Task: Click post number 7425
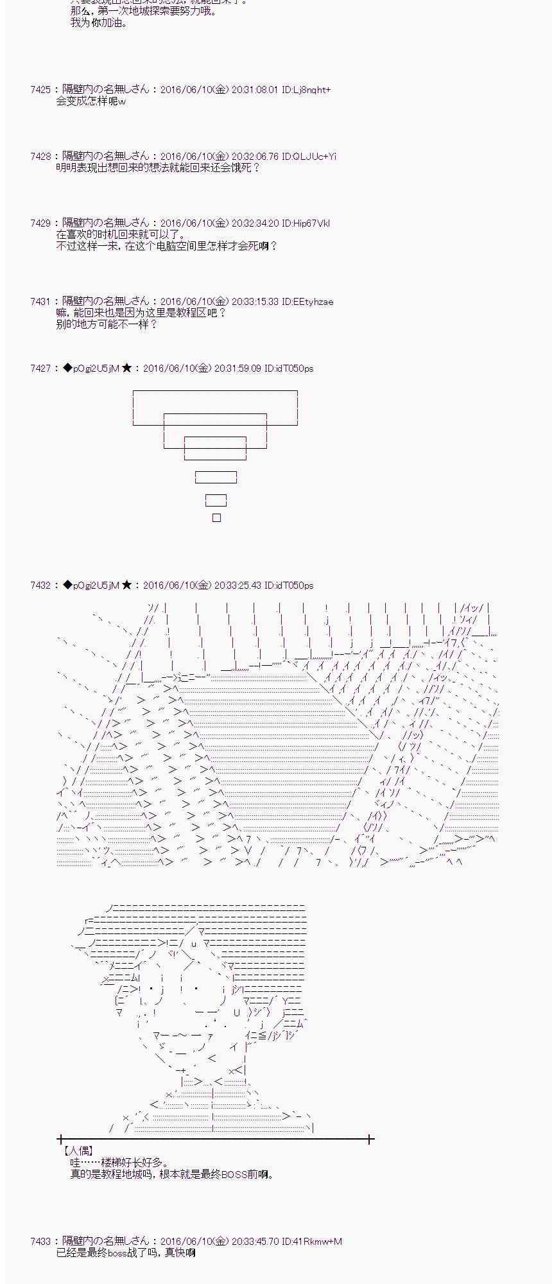click(x=40, y=90)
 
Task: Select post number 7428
click(x=40, y=157)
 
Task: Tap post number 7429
click(x=40, y=223)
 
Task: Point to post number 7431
click(x=40, y=302)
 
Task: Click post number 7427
click(x=40, y=369)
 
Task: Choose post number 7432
click(x=40, y=586)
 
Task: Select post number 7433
click(x=40, y=1242)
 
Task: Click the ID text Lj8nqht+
click(x=311, y=90)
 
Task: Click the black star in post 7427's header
click(x=127, y=369)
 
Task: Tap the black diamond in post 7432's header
click(x=67, y=586)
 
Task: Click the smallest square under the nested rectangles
click(x=216, y=518)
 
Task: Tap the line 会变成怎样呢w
click(x=91, y=101)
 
